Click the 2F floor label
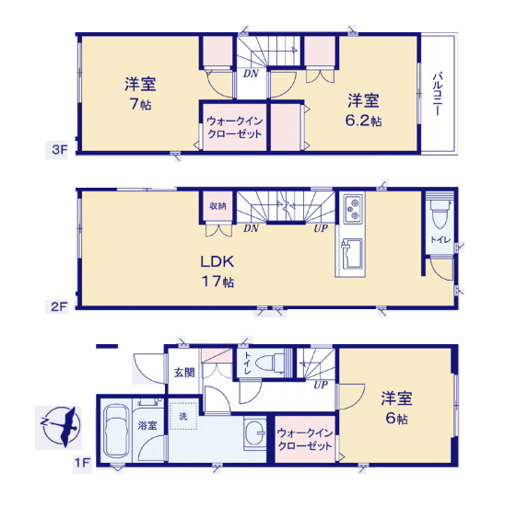[x=59, y=306]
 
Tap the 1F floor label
[x=82, y=463]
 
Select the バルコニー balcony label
[x=438, y=95]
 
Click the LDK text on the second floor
[x=217, y=261]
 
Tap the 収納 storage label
[x=217, y=206]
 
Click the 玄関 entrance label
[x=184, y=373]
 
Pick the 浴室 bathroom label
[x=147, y=425]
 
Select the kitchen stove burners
[x=353, y=209]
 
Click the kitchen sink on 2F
[x=352, y=254]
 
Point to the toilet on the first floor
[x=270, y=363]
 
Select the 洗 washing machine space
[x=183, y=416]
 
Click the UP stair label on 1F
[x=321, y=385]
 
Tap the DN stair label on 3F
[x=251, y=74]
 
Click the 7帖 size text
[x=141, y=103]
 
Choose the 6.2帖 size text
[x=363, y=121]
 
